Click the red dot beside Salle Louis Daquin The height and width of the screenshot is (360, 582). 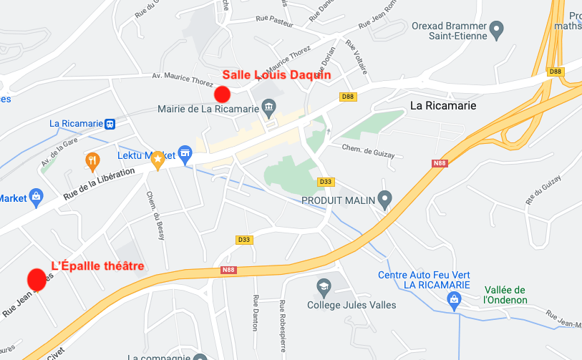pyautogui.click(x=222, y=94)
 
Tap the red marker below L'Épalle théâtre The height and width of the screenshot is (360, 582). pyautogui.click(x=37, y=279)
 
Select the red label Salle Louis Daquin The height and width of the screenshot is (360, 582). pyautogui.click(x=276, y=74)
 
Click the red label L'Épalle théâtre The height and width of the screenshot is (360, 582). pyautogui.click(x=97, y=266)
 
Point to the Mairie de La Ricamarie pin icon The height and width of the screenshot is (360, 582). pyautogui.click(x=268, y=110)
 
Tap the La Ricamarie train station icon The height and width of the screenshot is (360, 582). pyautogui.click(x=110, y=123)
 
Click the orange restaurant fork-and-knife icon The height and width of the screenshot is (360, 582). pyautogui.click(x=92, y=160)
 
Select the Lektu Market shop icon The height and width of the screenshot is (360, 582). pyautogui.click(x=185, y=152)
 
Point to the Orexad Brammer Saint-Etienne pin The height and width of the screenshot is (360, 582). pyautogui.click(x=496, y=30)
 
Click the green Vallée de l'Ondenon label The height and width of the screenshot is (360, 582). pyautogui.click(x=505, y=294)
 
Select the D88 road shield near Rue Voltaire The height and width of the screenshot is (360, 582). pyautogui.click(x=348, y=97)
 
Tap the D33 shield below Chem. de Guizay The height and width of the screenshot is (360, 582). pyautogui.click(x=326, y=182)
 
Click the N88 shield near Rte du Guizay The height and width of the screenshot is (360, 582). pyautogui.click(x=439, y=163)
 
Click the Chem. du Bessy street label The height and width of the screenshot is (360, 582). pyautogui.click(x=155, y=215)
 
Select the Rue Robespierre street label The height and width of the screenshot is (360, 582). pyautogui.click(x=283, y=326)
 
